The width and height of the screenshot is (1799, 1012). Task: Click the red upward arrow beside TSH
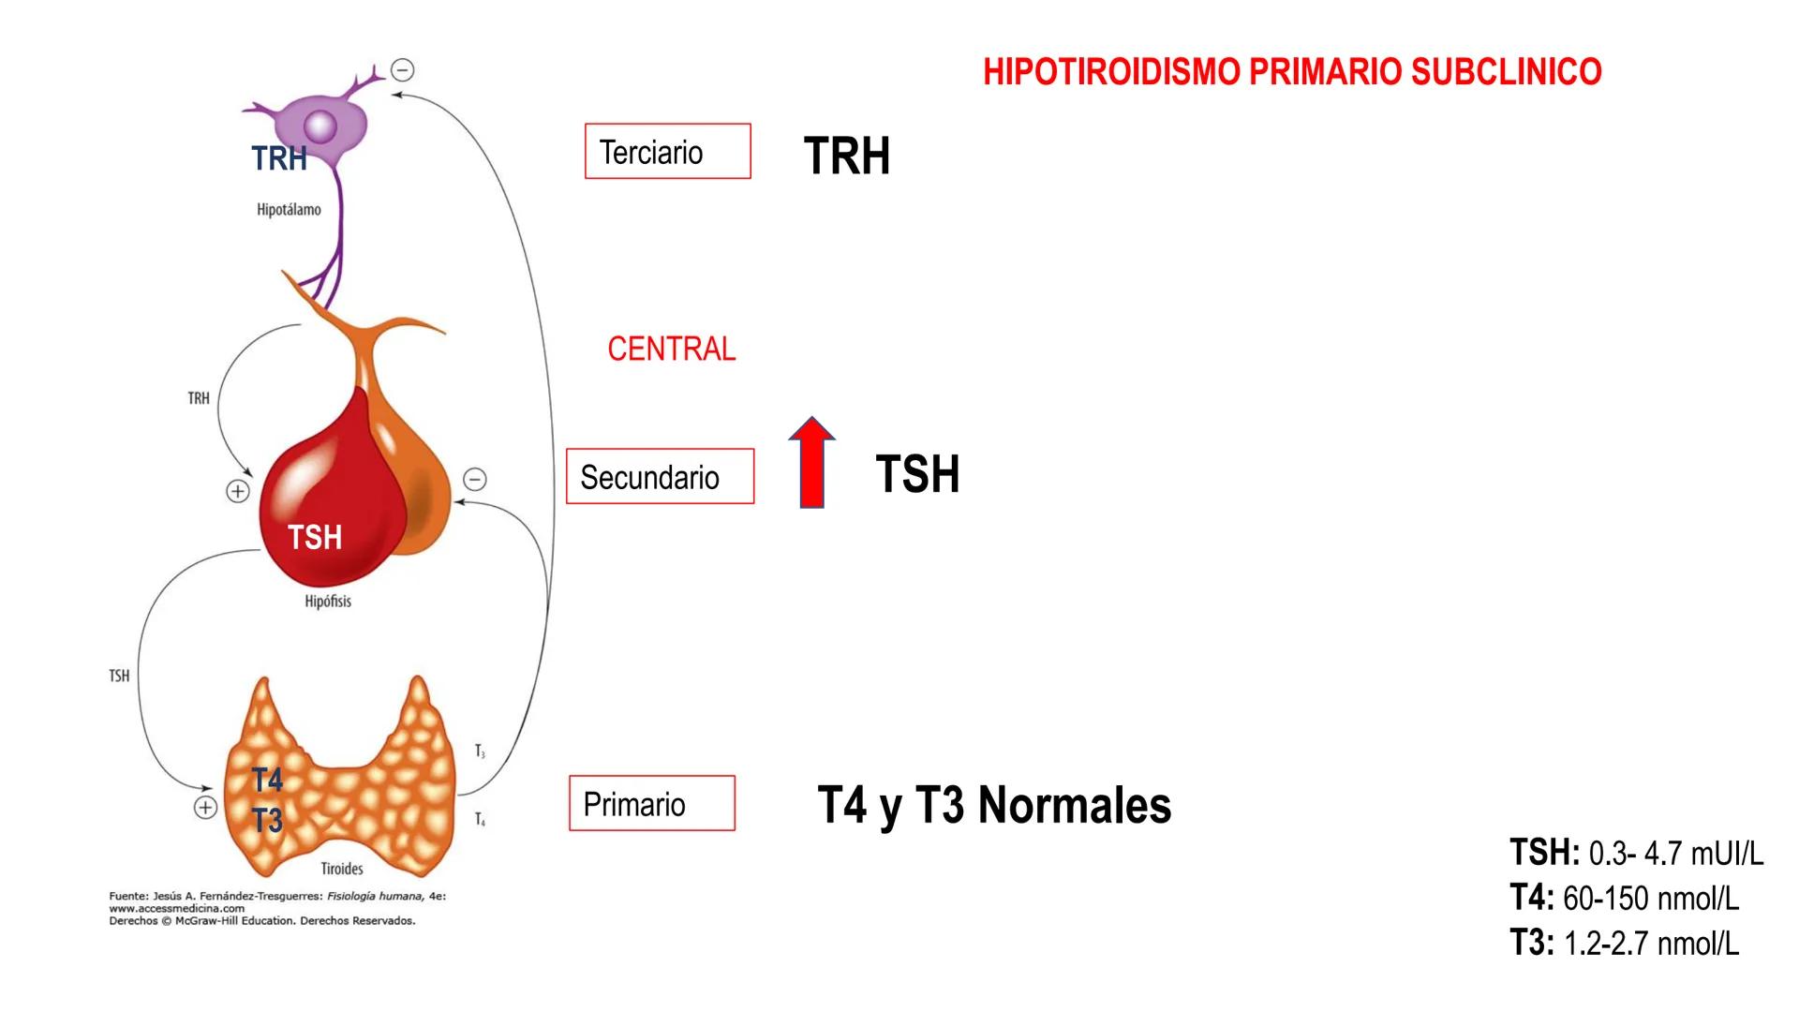tap(811, 464)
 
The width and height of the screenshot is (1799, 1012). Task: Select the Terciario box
tap(667, 152)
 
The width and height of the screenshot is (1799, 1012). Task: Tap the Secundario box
tap(660, 477)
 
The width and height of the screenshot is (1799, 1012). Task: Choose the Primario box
tap(651, 804)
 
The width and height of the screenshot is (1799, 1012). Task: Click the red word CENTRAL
tap(671, 350)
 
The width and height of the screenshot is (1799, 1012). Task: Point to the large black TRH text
tap(846, 156)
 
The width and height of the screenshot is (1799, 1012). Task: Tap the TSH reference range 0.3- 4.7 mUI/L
tap(1675, 854)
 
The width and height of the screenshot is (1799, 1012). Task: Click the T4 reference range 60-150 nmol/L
tap(1650, 899)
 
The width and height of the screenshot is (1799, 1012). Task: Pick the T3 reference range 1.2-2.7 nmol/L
tap(1650, 944)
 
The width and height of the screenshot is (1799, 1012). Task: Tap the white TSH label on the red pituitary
tap(315, 538)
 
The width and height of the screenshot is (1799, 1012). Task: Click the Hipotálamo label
tap(289, 210)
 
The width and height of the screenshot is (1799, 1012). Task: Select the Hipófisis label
tap(328, 602)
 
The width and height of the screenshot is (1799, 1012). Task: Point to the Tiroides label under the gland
tap(341, 869)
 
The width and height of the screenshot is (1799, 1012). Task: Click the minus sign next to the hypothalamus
tap(403, 70)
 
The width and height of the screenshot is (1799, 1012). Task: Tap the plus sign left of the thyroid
tap(205, 808)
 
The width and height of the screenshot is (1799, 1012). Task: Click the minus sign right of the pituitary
tap(475, 480)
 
